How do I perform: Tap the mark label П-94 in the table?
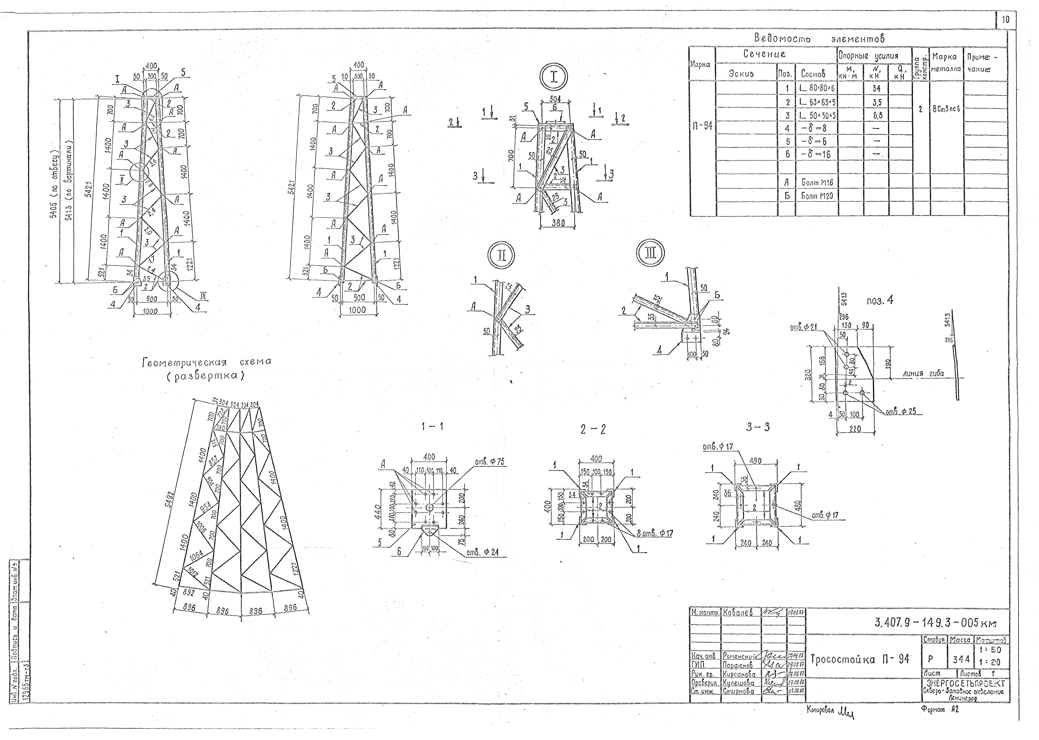point(702,126)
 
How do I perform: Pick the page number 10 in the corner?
point(1005,20)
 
